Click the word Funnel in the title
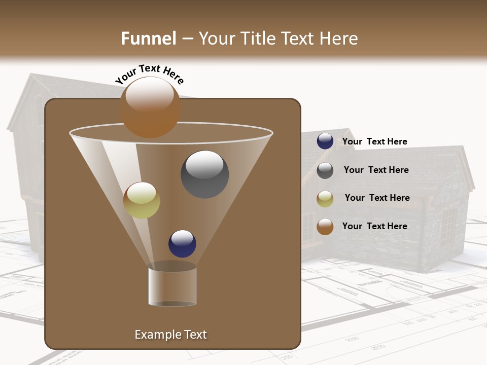[x=149, y=39]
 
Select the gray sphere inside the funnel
[x=204, y=174]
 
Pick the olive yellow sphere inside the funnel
[x=142, y=200]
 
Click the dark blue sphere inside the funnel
[x=182, y=243]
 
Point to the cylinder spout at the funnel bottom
[x=172, y=286]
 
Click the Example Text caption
[x=170, y=335]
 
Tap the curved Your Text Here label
[x=149, y=74]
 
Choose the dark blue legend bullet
[x=325, y=141]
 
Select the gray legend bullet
[x=325, y=170]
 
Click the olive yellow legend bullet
[x=325, y=199]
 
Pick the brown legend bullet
[x=325, y=227]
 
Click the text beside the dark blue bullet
[x=375, y=141]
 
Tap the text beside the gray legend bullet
[x=376, y=170]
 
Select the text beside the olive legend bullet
[x=377, y=198]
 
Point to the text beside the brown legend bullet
[x=375, y=226]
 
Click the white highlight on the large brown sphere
[x=150, y=94]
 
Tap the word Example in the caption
[x=155, y=335]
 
